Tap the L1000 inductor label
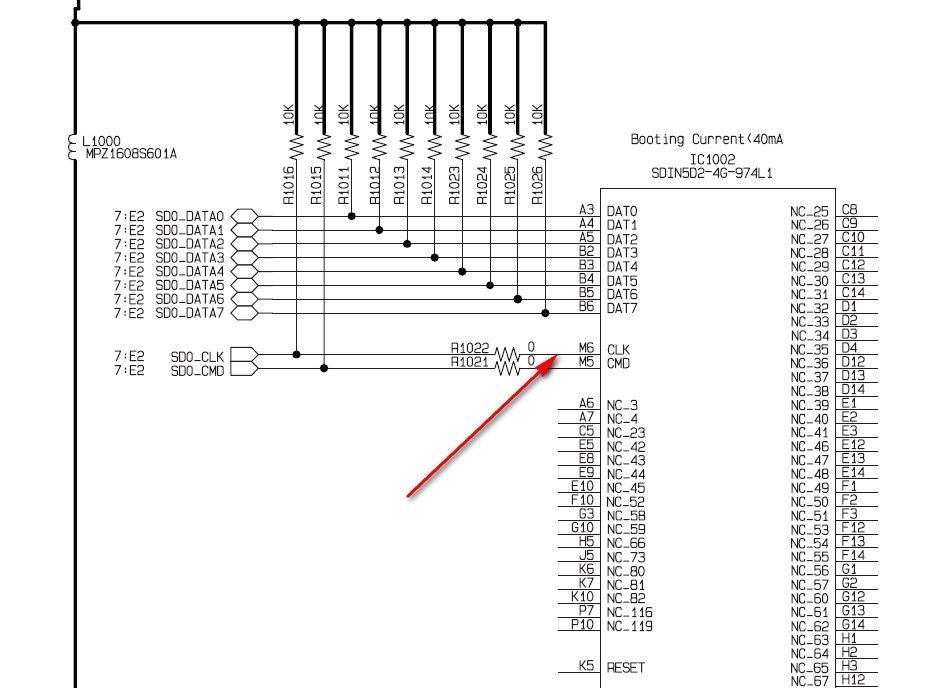tap(101, 141)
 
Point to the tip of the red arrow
tap(552, 362)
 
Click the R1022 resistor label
tap(469, 348)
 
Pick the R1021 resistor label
tap(469, 362)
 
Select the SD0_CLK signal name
tap(197, 356)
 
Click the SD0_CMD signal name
tap(197, 370)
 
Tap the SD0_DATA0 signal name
tap(190, 216)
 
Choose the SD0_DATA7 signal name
tap(190, 313)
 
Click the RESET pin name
tap(626, 667)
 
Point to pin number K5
tap(586, 665)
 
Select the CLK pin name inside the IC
tap(618, 350)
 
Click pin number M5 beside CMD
tap(586, 362)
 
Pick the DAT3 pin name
tap(622, 253)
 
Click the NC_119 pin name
tap(629, 626)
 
